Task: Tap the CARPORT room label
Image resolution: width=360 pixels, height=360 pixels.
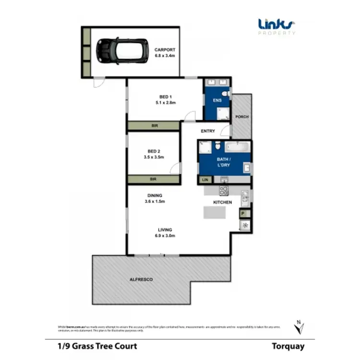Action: pyautogui.click(x=165, y=49)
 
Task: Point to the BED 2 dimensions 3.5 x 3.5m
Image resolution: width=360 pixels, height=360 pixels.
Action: pyautogui.click(x=154, y=157)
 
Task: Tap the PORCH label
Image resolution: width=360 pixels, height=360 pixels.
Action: pyautogui.click(x=241, y=117)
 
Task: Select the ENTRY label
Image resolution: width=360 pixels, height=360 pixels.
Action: pyautogui.click(x=208, y=131)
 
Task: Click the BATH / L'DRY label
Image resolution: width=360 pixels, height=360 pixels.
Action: pyautogui.click(x=224, y=161)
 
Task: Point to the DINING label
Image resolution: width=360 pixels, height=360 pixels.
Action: pyautogui.click(x=155, y=195)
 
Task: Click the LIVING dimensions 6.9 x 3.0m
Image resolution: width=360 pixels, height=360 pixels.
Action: pyautogui.click(x=165, y=236)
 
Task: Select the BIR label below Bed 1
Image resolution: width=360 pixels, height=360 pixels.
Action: pyautogui.click(x=154, y=126)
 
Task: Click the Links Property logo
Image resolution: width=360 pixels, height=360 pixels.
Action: pyautogui.click(x=277, y=25)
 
